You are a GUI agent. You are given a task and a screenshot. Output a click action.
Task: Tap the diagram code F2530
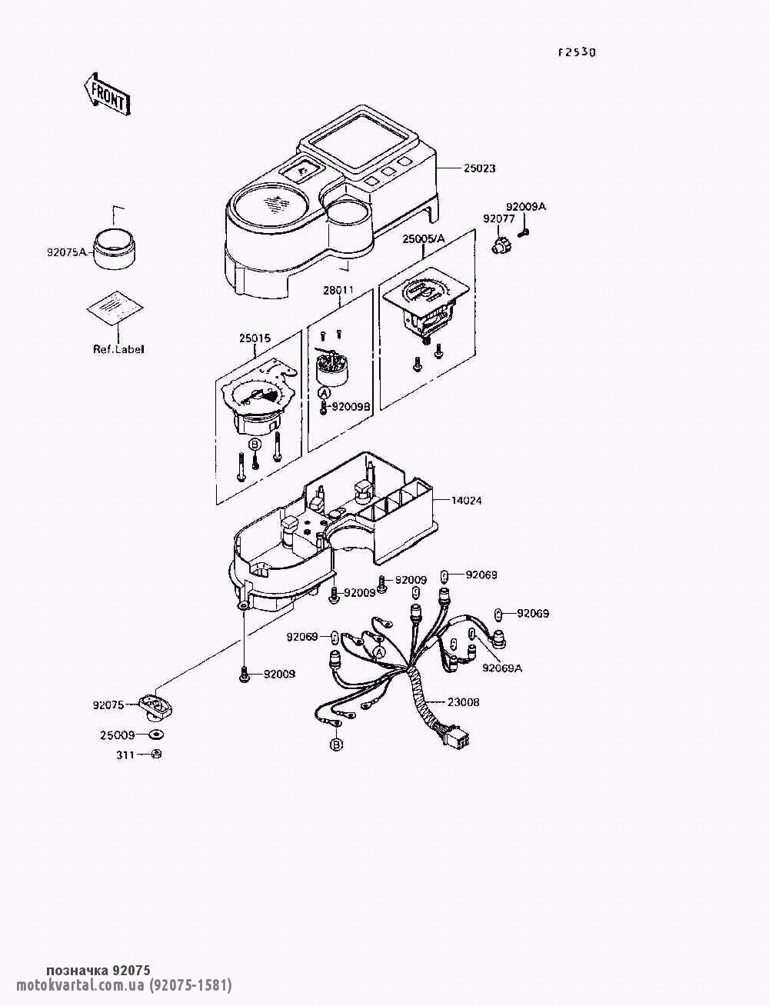(x=577, y=53)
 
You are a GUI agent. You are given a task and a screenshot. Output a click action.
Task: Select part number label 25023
(x=479, y=168)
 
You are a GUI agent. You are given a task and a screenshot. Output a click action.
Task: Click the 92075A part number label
(x=66, y=252)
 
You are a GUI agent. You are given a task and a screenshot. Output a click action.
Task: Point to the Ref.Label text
(x=118, y=349)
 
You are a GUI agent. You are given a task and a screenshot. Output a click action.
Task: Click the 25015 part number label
(x=255, y=338)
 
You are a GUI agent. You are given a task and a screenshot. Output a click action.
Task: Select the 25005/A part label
(x=424, y=238)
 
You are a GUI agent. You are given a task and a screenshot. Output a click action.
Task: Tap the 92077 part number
(x=498, y=219)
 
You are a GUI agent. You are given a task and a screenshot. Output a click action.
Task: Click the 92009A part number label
(x=526, y=207)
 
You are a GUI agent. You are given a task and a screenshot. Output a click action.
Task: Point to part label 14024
(x=467, y=501)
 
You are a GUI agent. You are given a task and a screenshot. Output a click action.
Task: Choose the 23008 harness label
(x=464, y=701)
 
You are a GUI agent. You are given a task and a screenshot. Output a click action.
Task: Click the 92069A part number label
(x=502, y=668)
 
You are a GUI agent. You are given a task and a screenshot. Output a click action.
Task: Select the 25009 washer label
(x=118, y=735)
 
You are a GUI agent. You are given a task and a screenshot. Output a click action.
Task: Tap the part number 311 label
(x=125, y=754)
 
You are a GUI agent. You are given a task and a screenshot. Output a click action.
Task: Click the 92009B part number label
(x=351, y=406)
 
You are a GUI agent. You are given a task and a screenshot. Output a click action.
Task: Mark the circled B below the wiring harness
(x=336, y=745)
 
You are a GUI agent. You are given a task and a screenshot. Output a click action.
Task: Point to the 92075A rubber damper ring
(x=115, y=248)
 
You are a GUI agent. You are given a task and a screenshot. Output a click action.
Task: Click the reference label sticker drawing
(x=115, y=307)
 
